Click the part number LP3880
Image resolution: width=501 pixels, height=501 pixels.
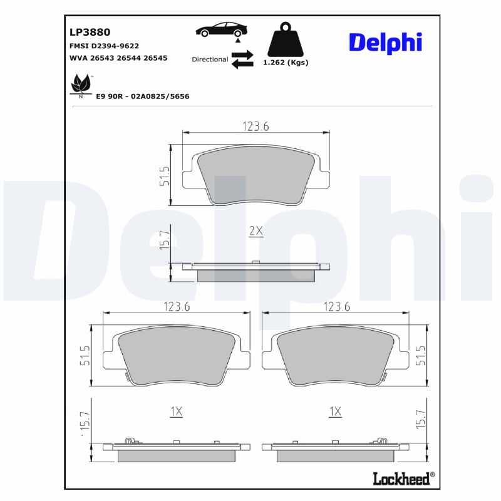(90, 31)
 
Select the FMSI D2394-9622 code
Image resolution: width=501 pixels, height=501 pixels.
(103, 46)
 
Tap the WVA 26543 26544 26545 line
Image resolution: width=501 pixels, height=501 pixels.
(118, 58)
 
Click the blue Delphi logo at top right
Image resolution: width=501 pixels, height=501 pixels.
(385, 42)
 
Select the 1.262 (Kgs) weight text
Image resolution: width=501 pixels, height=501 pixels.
(286, 63)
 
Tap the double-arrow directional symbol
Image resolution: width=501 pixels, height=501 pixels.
(242, 59)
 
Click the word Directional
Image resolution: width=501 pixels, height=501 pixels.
(210, 59)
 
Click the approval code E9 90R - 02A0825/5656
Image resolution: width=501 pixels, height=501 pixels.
(142, 96)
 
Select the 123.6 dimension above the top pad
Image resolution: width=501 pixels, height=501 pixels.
(256, 127)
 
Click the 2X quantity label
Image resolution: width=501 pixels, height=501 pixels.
(256, 231)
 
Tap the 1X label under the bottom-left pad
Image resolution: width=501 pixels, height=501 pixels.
(176, 411)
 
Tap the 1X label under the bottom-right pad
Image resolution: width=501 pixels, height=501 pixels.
(335, 411)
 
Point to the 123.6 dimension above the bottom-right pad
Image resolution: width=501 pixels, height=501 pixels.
(336, 307)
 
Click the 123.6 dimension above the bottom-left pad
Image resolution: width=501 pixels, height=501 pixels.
(177, 307)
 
